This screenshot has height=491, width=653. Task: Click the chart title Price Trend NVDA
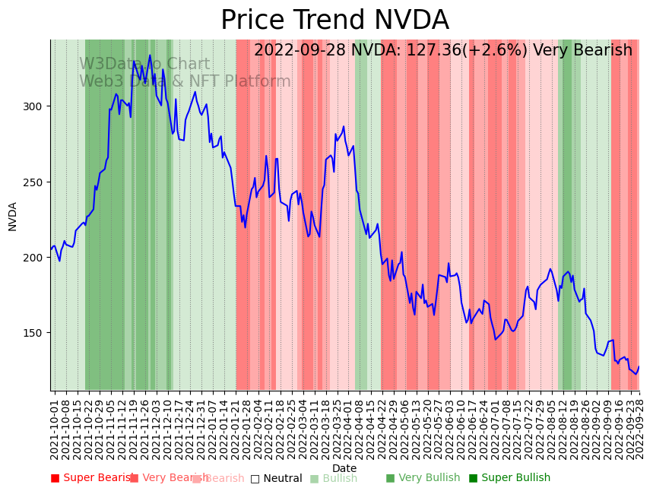(x=334, y=21)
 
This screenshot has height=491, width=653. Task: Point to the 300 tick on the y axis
(x=36, y=106)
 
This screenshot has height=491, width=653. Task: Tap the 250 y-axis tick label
(x=36, y=182)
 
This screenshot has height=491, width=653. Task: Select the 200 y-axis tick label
(x=36, y=257)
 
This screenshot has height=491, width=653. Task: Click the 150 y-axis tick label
(x=36, y=333)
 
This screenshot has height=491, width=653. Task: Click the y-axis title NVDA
(x=13, y=216)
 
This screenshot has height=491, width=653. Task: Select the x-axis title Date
(x=344, y=468)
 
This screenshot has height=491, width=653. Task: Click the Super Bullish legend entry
(x=509, y=478)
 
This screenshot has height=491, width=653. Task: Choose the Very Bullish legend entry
(x=423, y=478)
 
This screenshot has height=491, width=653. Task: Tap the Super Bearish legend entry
(x=91, y=478)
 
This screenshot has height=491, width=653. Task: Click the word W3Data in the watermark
(x=108, y=65)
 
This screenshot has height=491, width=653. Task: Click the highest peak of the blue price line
(x=150, y=55)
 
